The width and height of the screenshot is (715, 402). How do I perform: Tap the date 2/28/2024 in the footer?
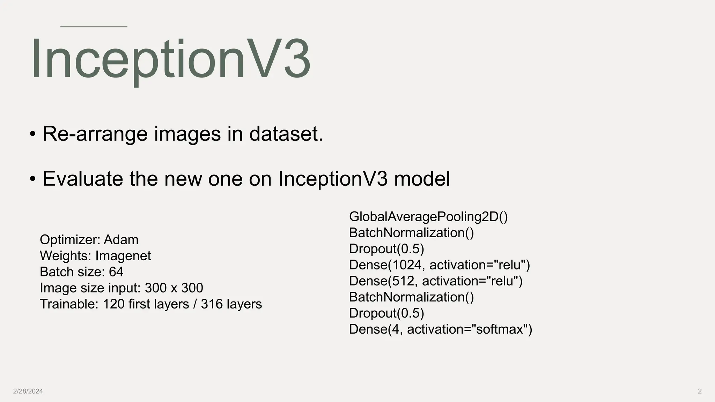pos(28,391)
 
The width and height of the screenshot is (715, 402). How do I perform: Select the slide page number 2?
pos(700,391)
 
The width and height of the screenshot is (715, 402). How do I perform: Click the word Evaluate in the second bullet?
pos(83,179)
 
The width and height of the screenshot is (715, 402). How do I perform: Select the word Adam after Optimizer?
pos(121,240)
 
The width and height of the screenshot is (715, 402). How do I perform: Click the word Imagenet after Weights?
pos(123,256)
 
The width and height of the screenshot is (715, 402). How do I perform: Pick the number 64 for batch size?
pos(116,272)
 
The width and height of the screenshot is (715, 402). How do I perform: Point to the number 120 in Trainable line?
pos(113,304)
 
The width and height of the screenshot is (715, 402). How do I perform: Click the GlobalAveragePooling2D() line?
pos(428,217)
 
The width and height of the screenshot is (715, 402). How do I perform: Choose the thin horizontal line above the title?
pos(94,27)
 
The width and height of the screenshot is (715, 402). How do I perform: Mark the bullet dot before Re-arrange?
pos(33,134)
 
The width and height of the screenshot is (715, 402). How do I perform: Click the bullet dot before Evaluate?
pos(33,179)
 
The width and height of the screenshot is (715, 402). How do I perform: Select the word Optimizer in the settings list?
pos(70,240)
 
